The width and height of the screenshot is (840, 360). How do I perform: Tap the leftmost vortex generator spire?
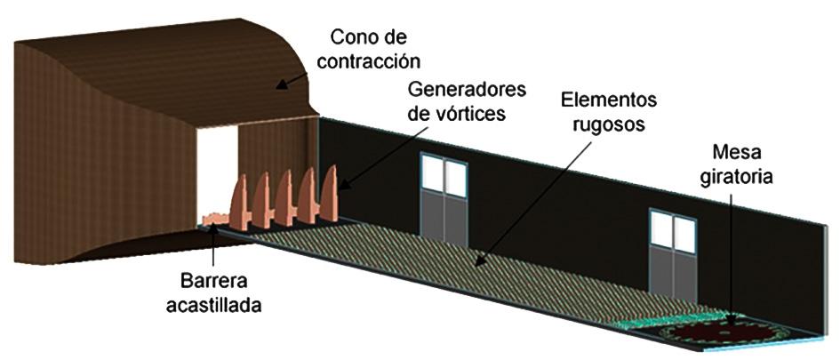240,202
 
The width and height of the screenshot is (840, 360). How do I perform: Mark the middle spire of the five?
284,196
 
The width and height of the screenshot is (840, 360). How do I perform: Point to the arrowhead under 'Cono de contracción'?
278,85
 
